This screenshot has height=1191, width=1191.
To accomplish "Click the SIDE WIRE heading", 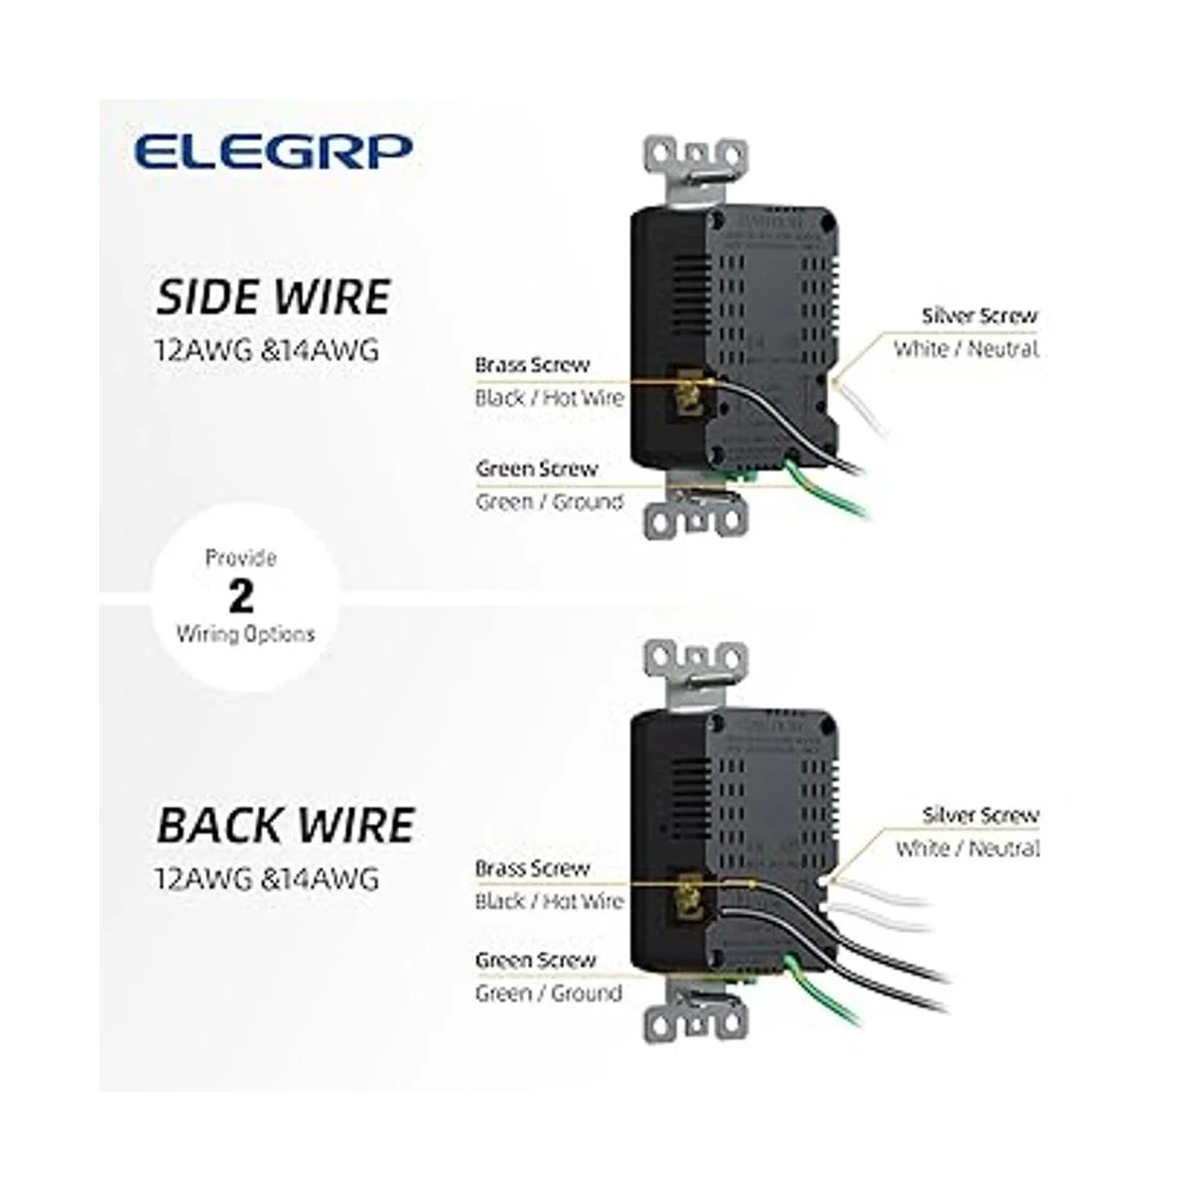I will (274, 297).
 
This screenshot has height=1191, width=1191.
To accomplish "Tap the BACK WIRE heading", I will (285, 826).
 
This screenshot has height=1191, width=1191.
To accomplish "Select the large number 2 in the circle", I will (241, 595).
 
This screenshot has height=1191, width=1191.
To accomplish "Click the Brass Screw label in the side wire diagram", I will (532, 364).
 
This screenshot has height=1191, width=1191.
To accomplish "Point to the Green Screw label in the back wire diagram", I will (536, 960).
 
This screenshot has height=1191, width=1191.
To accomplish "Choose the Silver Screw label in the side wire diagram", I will (980, 316).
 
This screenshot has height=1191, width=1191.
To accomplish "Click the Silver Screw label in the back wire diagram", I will (981, 816).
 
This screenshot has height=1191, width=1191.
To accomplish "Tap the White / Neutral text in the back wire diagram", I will (968, 849).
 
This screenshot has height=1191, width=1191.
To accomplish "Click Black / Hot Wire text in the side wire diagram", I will (549, 398).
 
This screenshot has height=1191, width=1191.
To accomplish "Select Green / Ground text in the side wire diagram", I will (549, 502).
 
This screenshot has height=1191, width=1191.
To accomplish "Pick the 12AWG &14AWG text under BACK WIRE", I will (267, 878).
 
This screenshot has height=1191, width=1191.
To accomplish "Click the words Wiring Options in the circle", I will (245, 633).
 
